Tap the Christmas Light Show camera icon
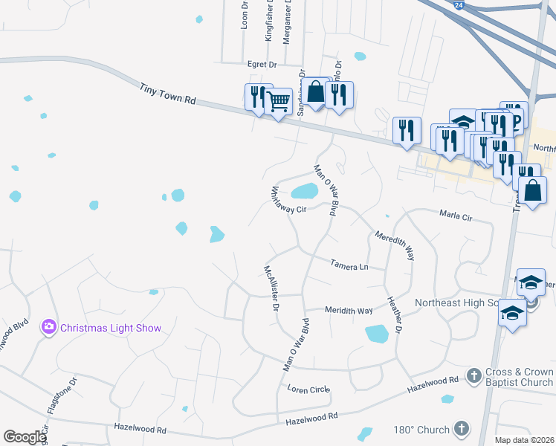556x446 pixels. [x=50, y=327]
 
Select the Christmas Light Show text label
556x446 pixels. [x=111, y=328]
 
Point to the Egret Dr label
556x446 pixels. [x=262, y=65]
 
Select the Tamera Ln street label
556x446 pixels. [x=349, y=264]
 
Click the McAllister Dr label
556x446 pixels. [x=271, y=287]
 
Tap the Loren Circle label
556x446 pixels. [x=308, y=389]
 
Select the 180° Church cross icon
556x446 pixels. [x=462, y=430]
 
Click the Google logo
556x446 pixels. [x=25, y=437]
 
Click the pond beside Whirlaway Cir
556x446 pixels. [x=304, y=192]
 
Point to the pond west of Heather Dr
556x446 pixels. [x=377, y=334]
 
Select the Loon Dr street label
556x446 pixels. [x=244, y=15]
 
